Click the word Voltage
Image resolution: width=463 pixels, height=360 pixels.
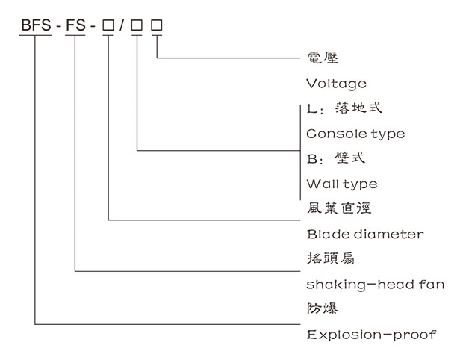(x=336, y=83)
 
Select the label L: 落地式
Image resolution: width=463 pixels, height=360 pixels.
(x=344, y=108)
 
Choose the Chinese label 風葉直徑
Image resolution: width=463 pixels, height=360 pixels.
(x=339, y=208)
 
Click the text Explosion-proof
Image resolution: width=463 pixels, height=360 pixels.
(x=371, y=334)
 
